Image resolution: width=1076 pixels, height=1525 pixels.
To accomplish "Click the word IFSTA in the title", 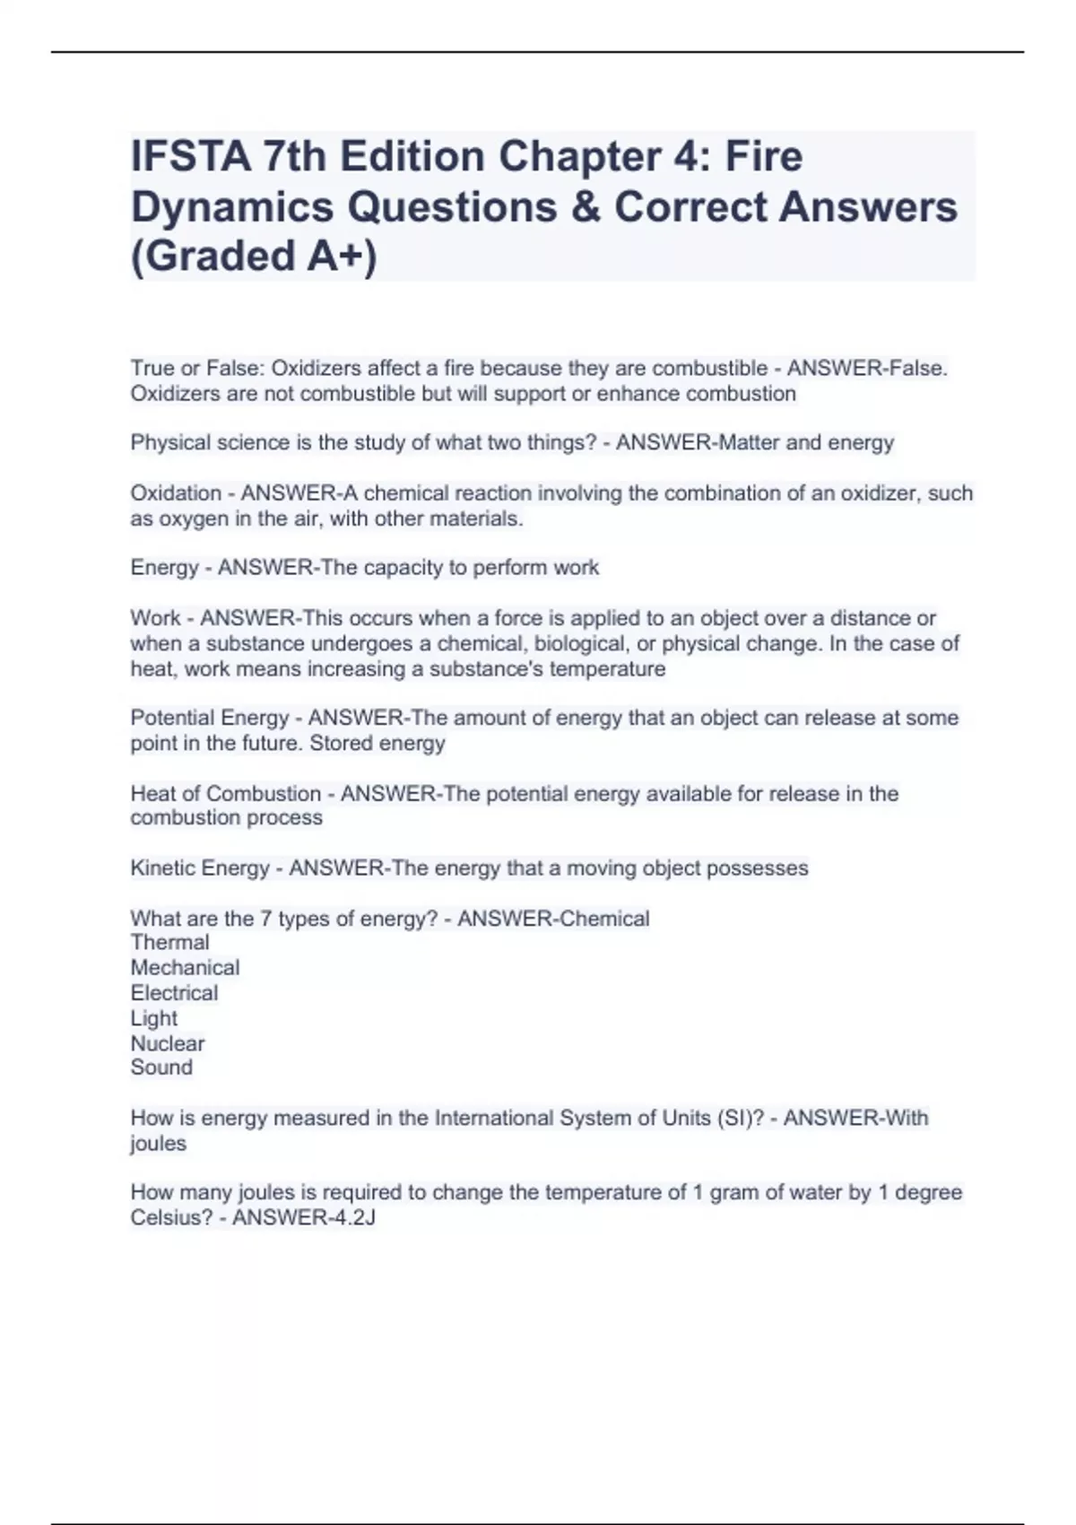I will click(189, 157).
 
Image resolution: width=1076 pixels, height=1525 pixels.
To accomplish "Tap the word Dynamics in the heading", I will click(232, 207).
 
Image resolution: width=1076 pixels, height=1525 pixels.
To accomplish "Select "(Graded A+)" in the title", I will click(254, 256).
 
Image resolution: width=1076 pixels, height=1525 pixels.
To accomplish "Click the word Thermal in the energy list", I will click(169, 943).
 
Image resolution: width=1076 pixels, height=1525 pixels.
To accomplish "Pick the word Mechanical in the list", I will click(185, 968).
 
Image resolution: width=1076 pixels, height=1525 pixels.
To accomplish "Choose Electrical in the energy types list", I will click(174, 993).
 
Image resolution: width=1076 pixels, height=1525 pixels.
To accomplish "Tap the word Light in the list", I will click(153, 1018).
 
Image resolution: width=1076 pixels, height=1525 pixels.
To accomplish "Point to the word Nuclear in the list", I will click(167, 1043).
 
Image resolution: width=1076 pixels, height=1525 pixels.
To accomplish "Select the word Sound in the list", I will click(161, 1067).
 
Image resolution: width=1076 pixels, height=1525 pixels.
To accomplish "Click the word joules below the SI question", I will click(158, 1144).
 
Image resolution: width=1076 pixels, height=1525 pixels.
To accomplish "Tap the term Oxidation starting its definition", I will click(176, 493).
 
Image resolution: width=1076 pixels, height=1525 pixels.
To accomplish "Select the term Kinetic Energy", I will click(200, 868).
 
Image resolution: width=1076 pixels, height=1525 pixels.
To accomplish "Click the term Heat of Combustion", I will click(225, 794).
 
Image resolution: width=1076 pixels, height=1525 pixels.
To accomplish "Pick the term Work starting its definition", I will click(155, 618).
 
